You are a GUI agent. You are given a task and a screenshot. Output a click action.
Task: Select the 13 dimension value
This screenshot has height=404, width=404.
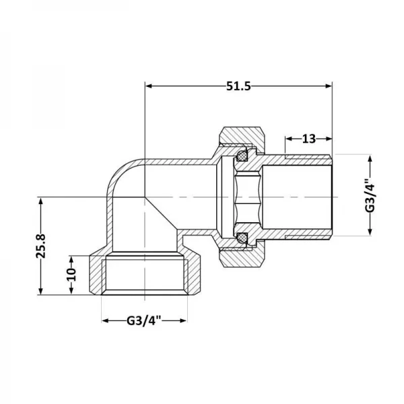click(309, 139)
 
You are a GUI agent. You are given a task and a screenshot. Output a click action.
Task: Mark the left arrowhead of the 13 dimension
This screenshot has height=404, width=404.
click(288, 139)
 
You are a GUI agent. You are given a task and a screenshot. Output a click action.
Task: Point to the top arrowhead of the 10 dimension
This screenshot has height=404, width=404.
click(73, 259)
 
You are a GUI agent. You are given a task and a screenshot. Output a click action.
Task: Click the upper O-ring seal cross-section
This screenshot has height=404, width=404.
click(241, 156)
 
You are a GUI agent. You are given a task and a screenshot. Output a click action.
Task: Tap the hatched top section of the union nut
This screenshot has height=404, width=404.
click(242, 139)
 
